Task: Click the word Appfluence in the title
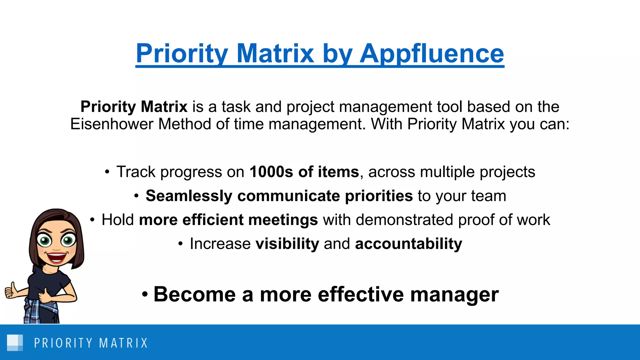[432, 54]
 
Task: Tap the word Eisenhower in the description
[112, 124]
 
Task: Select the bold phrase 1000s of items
[304, 172]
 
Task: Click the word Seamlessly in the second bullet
[189, 196]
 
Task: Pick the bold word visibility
[287, 244]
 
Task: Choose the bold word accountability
[408, 244]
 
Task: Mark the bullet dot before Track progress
[107, 172]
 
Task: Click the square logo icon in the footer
[15, 342]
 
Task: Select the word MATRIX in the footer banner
[123, 343]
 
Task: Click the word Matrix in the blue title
[275, 54]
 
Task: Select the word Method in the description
[185, 124]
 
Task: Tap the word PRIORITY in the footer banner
[63, 343]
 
